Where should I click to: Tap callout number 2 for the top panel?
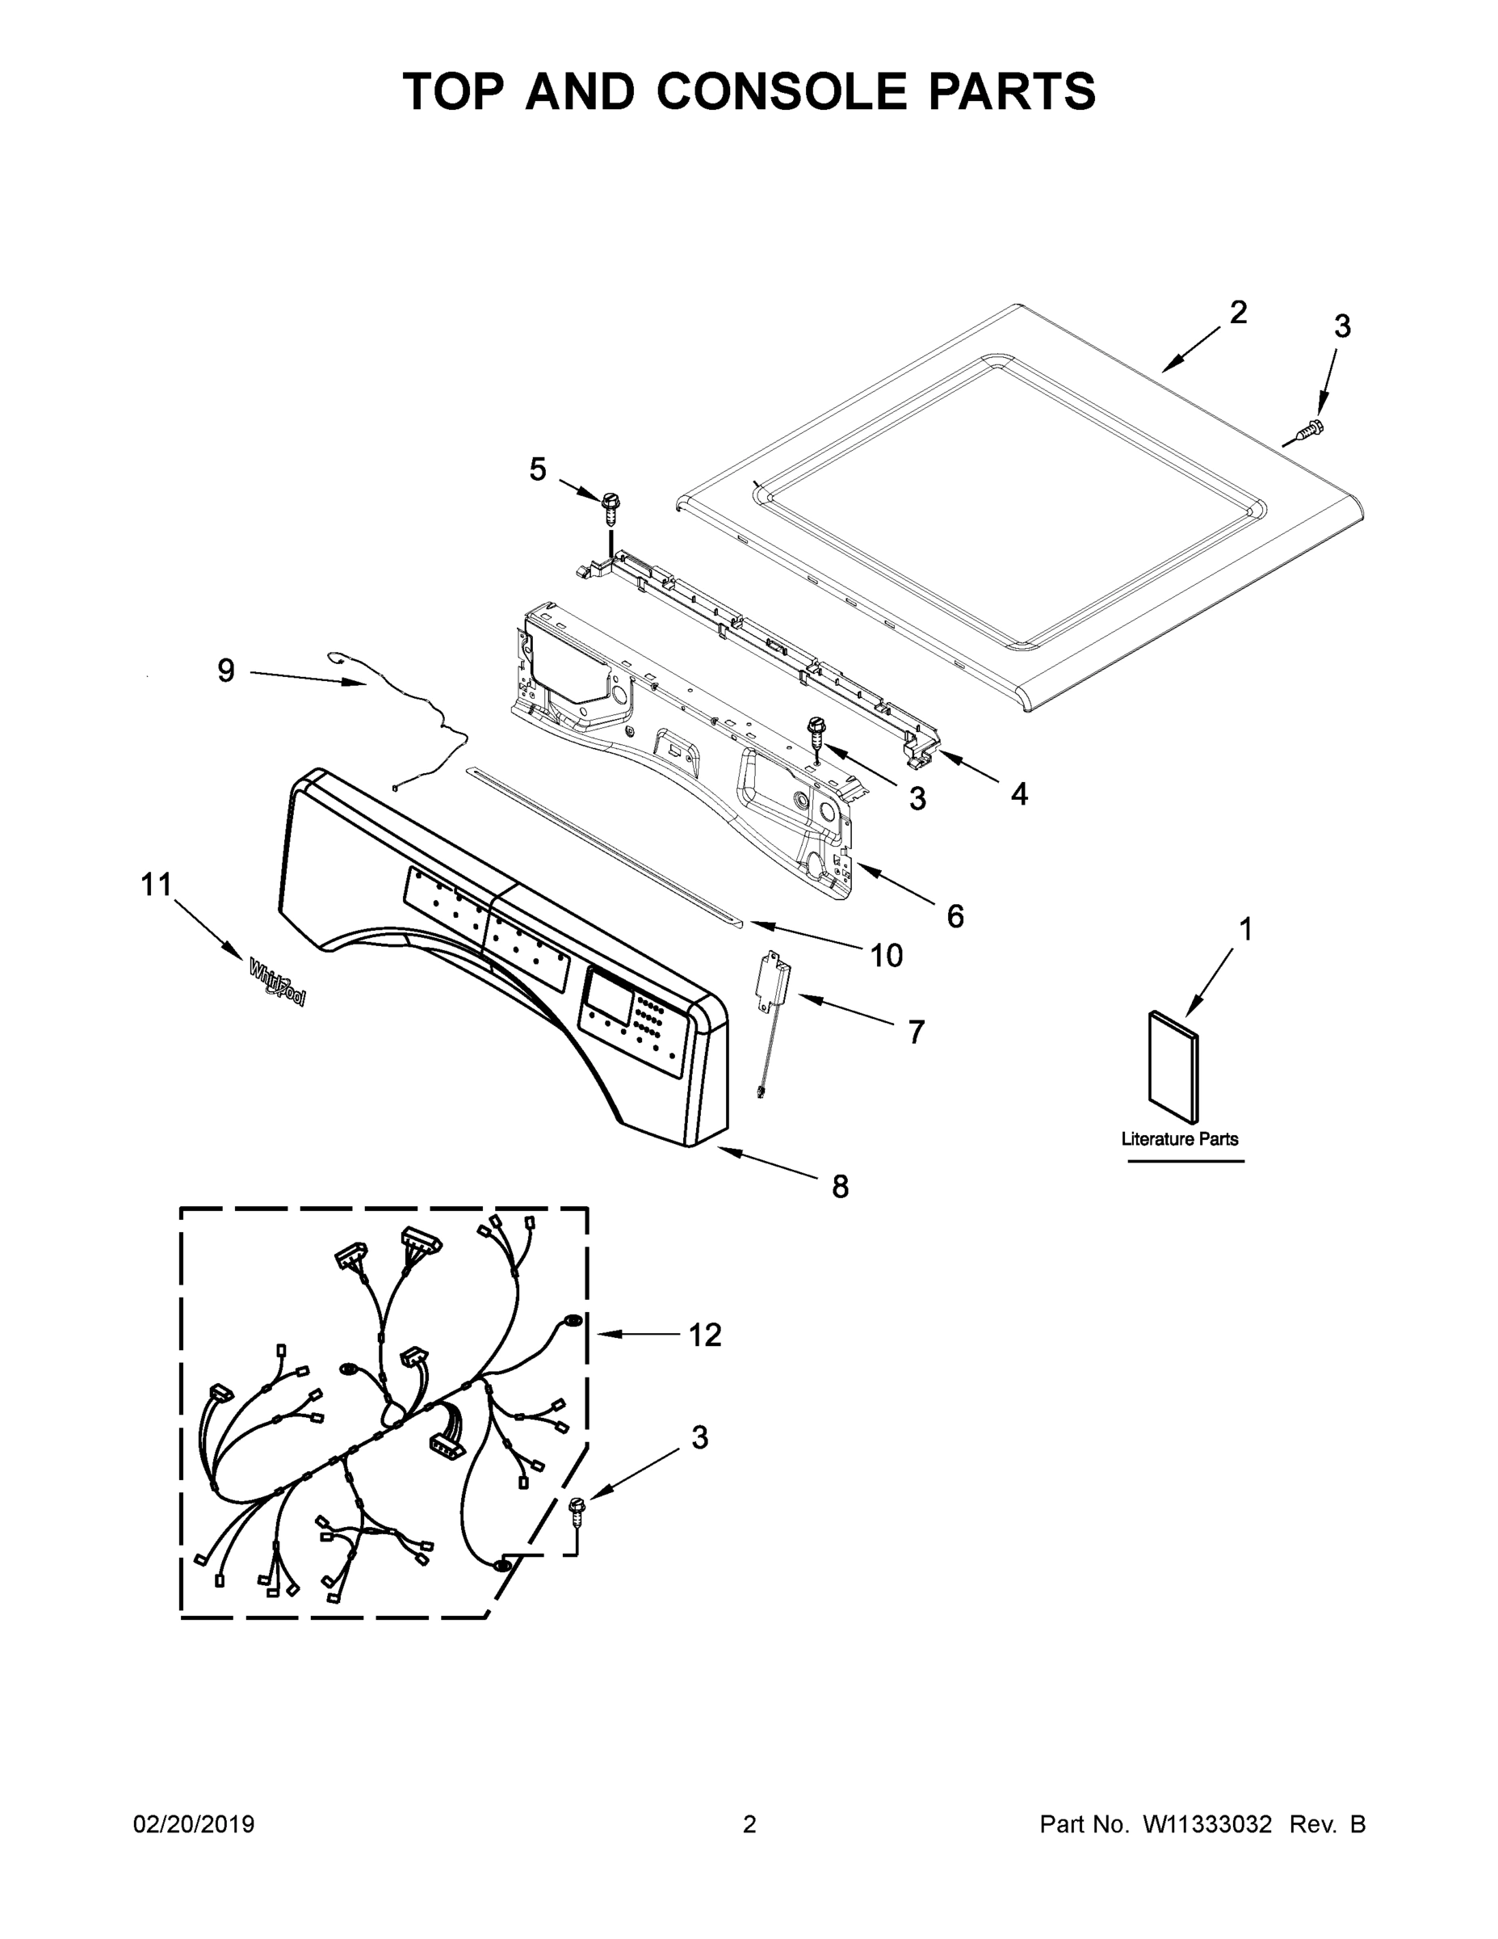pyautogui.click(x=1238, y=313)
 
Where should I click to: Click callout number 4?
pyautogui.click(x=1020, y=793)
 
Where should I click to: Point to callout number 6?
pyautogui.click(x=955, y=915)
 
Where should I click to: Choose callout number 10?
pyautogui.click(x=886, y=955)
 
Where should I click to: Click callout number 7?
pyautogui.click(x=916, y=1032)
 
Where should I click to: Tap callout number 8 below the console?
pyautogui.click(x=840, y=1186)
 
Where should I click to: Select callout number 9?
pyautogui.click(x=226, y=671)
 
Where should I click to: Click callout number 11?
pyautogui.click(x=156, y=885)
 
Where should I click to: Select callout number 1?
pyautogui.click(x=1245, y=930)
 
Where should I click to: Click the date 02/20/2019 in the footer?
pyautogui.click(x=194, y=1824)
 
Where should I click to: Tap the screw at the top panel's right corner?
pyautogui.click(x=1307, y=432)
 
